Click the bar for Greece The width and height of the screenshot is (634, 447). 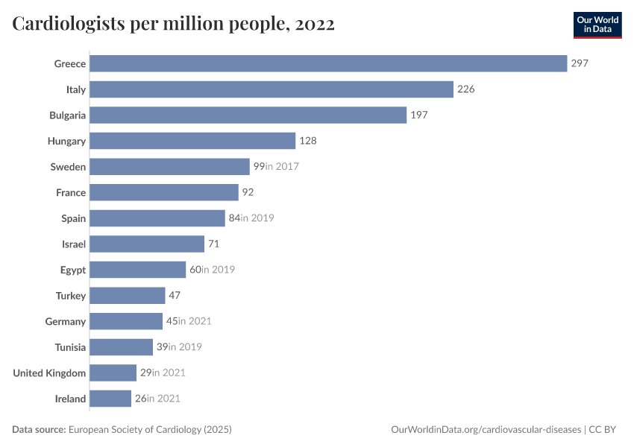[x=328, y=63]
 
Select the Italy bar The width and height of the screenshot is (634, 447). [x=272, y=89]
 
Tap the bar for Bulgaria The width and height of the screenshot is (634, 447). [x=248, y=115]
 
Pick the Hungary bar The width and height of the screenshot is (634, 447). [x=192, y=141]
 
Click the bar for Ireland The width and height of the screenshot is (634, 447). [x=110, y=399]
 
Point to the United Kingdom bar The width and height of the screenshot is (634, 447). [x=113, y=372]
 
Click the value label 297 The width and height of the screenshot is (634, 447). [x=580, y=63]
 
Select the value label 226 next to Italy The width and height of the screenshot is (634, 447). [x=466, y=89]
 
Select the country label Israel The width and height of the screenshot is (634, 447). [x=74, y=244]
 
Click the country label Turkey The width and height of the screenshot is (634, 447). [x=71, y=296]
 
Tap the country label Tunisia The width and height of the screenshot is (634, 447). [x=70, y=347]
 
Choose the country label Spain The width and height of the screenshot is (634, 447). [x=74, y=218]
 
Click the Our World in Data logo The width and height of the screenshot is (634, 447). [x=597, y=25]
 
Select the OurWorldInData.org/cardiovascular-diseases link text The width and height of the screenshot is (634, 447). [x=486, y=430]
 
